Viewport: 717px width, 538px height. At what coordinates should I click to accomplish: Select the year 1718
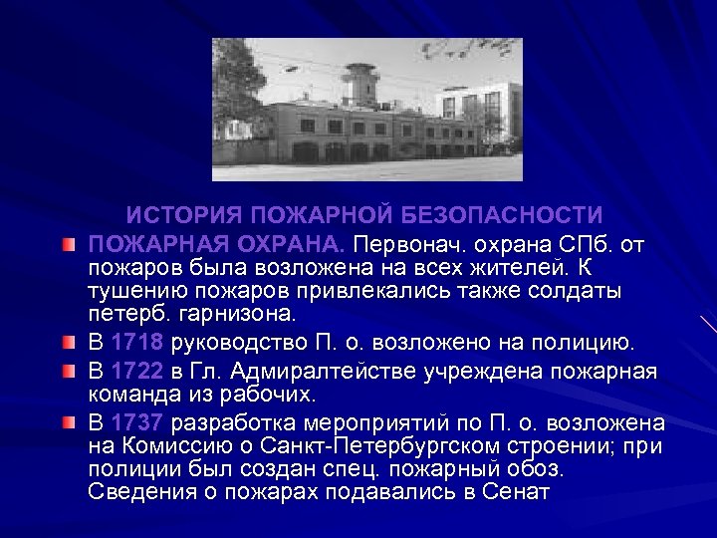138,344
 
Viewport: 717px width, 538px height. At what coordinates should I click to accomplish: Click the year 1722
138,372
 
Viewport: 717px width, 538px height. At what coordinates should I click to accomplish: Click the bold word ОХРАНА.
292,243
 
